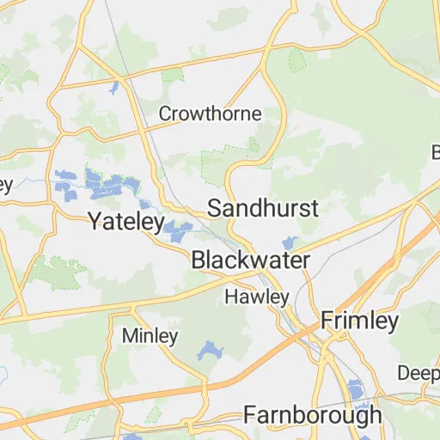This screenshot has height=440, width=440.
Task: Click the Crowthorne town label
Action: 211,113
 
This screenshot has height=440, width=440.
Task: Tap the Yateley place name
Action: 126,222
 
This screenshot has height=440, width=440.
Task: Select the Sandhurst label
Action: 264,208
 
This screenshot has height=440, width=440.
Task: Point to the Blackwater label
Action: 250,259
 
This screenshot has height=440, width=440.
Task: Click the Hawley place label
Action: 257,297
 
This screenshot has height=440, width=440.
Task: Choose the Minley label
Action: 150,335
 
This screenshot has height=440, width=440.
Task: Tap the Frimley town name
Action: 360,321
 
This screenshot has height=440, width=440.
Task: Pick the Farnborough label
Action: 313,415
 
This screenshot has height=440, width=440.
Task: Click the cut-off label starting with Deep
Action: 419,373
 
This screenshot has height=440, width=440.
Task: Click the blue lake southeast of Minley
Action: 210,351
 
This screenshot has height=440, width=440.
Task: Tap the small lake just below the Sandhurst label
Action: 289,243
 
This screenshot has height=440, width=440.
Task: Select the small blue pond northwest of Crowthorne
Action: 113,87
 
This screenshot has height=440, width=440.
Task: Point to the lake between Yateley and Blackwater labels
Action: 178,229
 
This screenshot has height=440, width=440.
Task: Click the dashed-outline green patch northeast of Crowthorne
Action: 297,60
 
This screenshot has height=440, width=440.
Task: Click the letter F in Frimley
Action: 328,321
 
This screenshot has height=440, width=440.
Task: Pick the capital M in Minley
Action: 129,335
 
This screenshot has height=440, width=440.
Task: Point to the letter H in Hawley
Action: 230,297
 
